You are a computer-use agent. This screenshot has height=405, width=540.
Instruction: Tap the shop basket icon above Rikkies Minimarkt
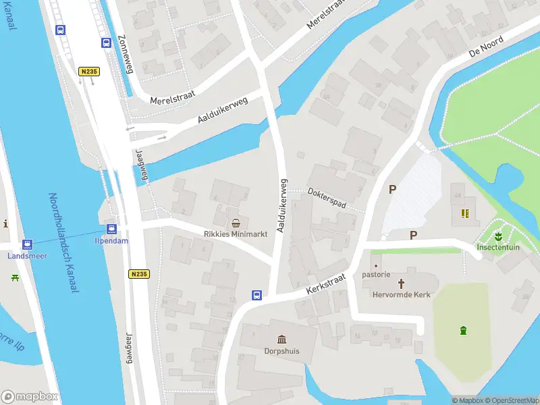coord(236,223)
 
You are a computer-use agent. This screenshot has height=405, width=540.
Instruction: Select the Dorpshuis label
coord(281,350)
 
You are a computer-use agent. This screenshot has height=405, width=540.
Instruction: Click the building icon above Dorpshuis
coord(281,339)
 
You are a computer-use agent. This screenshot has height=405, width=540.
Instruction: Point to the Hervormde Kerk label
coord(401,294)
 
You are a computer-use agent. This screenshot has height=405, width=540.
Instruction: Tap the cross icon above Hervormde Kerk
coord(401,283)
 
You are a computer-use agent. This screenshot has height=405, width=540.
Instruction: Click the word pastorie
coord(377,275)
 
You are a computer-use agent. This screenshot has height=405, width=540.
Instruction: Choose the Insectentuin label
coord(497,247)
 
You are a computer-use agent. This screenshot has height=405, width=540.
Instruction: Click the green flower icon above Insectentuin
coord(497,236)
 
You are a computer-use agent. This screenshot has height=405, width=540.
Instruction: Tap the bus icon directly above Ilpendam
coord(111,229)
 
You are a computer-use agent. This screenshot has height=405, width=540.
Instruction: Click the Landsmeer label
coord(27,255)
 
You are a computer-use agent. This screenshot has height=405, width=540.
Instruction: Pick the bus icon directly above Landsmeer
coord(27,244)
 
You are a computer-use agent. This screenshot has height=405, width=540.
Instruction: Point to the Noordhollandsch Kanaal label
coord(63,242)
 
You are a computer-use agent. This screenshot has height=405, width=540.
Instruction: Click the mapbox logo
coord(30,397)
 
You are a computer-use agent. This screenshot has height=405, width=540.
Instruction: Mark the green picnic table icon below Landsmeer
coord(15,276)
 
